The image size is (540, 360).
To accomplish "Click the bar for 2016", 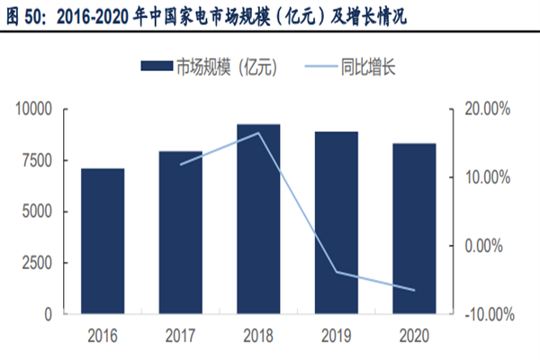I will pyautogui.click(x=103, y=241).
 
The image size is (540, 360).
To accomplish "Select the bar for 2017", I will pyautogui.click(x=181, y=233).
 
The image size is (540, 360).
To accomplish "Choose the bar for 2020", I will pyautogui.click(x=414, y=229).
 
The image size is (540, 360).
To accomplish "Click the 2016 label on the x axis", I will pyautogui.click(x=103, y=336).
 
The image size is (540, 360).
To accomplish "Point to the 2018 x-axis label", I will pyautogui.click(x=258, y=336).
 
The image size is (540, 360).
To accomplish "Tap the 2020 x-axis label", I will pyautogui.click(x=414, y=336).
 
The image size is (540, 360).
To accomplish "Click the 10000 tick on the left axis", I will pyautogui.click(x=35, y=109).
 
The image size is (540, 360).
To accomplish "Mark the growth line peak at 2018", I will pyautogui.click(x=258, y=133).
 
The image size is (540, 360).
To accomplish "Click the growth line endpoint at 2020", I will pyautogui.click(x=414, y=290).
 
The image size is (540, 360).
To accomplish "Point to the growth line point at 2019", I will pyautogui.click(x=336, y=272).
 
